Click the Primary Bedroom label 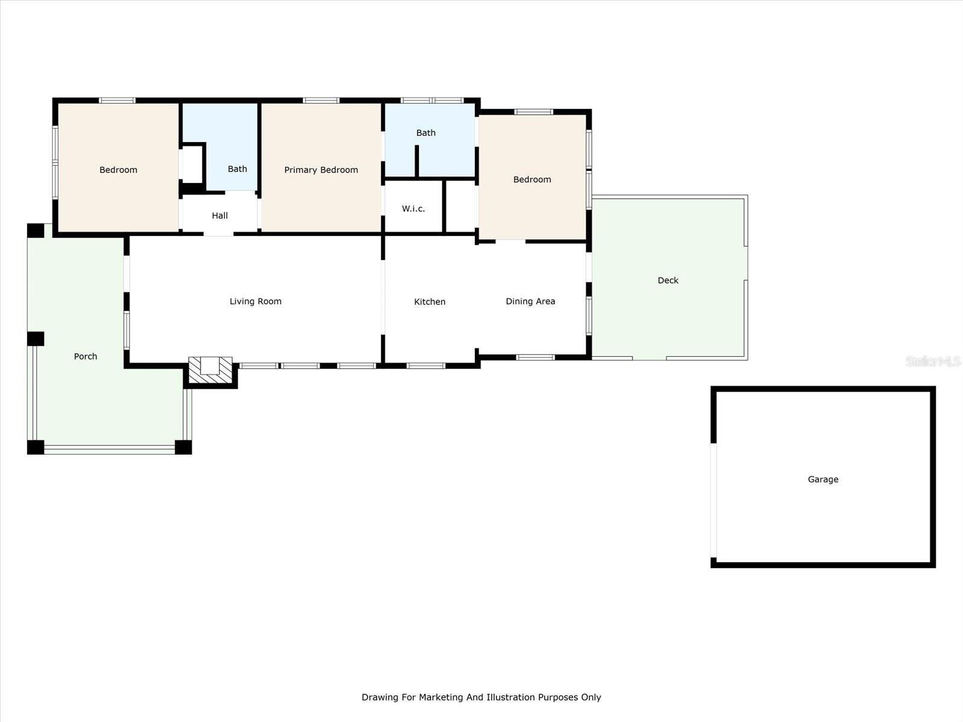321,170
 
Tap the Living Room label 255,301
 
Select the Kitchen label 430,301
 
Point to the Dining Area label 530,301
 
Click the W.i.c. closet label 413,209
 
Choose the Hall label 220,215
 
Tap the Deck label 667,280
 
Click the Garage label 823,480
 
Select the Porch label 85,356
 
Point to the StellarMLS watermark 933,361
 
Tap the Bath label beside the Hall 237,169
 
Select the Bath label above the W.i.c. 426,133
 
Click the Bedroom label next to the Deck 531,180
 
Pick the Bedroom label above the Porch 118,170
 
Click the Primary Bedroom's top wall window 321,100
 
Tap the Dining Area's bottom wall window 535,358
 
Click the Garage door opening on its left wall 713,500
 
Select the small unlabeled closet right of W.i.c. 461,206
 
